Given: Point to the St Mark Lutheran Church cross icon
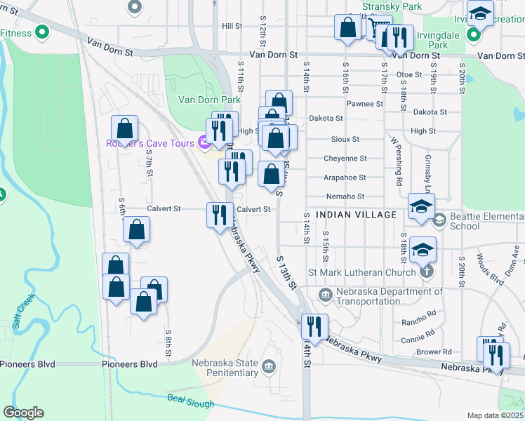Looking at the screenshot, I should pos(425,272).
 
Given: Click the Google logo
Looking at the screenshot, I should pos(23,413).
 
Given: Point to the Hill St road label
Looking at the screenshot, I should pos(232,26).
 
